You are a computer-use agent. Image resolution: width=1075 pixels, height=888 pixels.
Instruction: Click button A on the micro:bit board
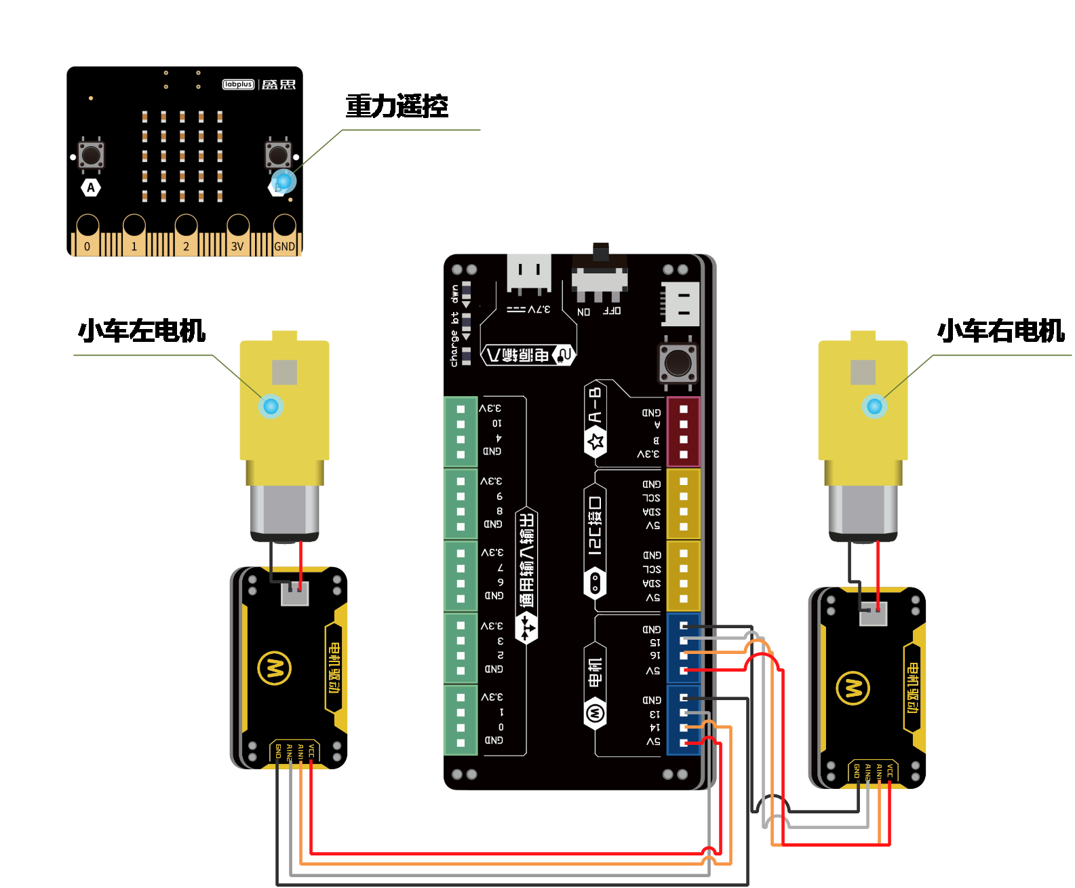click(x=91, y=155)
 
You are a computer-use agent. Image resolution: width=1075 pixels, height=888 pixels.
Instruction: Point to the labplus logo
click(x=238, y=85)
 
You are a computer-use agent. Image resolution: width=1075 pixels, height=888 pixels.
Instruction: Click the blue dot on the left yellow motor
click(x=271, y=406)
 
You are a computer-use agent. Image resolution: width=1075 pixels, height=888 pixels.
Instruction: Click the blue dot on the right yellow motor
click(x=874, y=406)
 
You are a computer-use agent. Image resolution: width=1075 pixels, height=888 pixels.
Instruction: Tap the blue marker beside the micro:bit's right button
click(x=284, y=181)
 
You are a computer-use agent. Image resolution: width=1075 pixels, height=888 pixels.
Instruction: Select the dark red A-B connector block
click(x=684, y=432)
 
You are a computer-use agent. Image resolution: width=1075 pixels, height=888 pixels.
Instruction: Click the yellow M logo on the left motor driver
click(x=275, y=668)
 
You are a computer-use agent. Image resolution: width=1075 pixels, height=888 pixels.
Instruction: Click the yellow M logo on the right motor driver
click(x=853, y=689)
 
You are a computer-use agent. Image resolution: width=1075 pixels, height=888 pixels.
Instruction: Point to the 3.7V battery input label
click(x=529, y=309)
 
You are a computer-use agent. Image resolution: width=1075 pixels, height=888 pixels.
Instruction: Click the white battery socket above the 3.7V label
click(x=529, y=273)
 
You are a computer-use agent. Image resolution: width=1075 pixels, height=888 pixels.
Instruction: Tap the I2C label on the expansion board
click(x=595, y=526)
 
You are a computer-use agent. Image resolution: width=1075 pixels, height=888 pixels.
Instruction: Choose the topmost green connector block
click(x=461, y=432)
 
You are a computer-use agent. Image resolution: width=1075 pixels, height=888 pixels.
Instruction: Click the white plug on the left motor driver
click(x=295, y=594)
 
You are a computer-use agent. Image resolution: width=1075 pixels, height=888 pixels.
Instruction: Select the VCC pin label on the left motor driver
click(x=311, y=751)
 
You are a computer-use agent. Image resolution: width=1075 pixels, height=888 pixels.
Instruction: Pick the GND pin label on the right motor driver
click(x=857, y=771)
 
